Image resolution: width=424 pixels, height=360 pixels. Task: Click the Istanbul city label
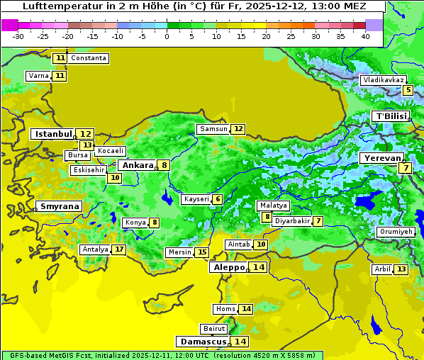point(53,133)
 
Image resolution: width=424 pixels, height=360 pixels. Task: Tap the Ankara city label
point(136,165)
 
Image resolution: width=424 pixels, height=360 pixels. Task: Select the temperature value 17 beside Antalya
point(119,249)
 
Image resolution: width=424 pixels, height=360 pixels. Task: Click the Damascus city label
point(202,342)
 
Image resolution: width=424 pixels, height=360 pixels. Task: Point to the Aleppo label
point(227,267)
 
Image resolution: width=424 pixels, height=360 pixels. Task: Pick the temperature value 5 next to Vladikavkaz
point(408,90)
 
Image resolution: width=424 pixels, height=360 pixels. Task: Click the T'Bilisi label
point(391,116)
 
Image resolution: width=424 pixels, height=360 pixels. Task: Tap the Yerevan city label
point(381,158)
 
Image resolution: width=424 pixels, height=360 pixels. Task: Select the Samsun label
point(213,129)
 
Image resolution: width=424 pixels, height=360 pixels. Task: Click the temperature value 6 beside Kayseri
point(218,199)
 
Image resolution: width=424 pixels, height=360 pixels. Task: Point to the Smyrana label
point(60,206)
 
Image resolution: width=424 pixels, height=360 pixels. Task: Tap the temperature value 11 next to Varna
point(60,76)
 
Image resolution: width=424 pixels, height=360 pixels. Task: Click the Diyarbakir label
point(291,221)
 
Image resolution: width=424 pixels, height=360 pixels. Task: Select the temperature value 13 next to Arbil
point(401,269)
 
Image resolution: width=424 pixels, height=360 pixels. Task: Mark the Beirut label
point(213,329)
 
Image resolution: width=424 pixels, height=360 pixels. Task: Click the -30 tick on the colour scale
point(18,36)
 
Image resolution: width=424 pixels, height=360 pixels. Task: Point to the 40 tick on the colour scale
point(365,36)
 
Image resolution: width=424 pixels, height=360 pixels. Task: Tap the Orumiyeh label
point(395,232)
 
